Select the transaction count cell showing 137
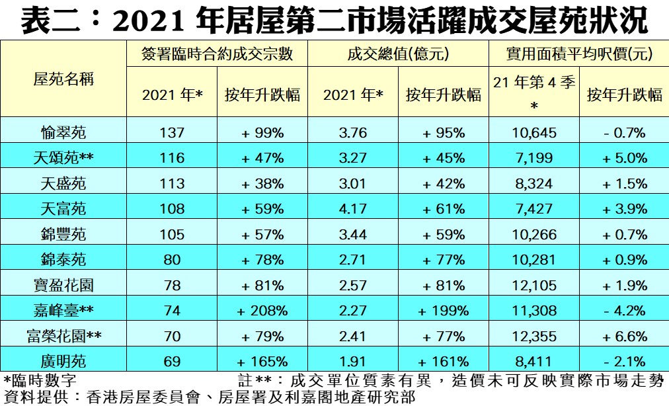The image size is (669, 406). pos(173,133)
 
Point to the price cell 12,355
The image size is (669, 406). pos(534,337)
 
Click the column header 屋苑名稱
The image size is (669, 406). pos(63,79)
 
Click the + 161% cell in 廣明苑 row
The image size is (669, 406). pos(444,362)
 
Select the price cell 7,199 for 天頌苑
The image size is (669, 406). pos(534,158)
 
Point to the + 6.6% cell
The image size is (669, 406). pos(624,337)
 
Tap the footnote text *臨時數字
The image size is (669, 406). pos(40,381)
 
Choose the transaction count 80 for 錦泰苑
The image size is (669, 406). pos(173,260)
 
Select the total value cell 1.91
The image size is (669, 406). pos(352,362)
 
